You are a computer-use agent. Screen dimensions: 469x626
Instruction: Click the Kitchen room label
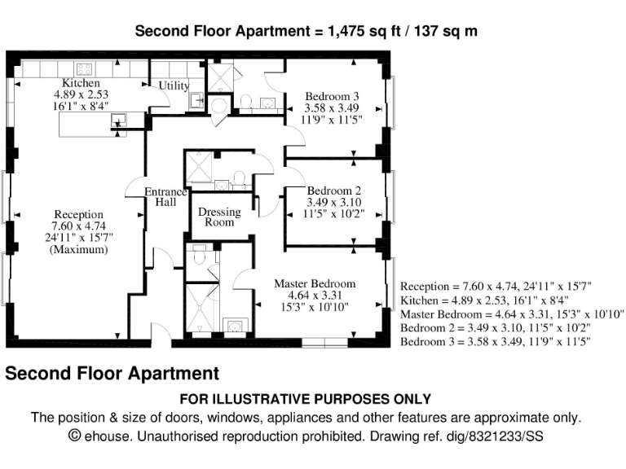81,83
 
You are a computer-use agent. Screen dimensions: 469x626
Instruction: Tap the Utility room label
174,85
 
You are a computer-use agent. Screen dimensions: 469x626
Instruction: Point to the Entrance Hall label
165,198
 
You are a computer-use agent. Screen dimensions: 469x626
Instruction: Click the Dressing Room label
220,217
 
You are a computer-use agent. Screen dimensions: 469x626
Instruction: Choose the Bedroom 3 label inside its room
332,96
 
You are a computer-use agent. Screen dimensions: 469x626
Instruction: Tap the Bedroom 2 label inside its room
334,191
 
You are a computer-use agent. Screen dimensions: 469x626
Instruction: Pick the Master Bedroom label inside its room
315,283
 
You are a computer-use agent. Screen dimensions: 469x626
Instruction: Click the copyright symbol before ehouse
75,436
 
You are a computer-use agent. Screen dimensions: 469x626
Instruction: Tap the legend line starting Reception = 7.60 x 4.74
496,287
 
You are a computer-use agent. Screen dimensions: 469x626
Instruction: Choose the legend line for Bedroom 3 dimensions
496,341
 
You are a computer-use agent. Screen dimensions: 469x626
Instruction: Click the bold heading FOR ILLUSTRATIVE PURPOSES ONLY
305,399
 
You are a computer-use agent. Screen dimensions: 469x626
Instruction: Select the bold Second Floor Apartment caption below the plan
112,374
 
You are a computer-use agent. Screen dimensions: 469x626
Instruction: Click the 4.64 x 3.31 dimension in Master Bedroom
315,295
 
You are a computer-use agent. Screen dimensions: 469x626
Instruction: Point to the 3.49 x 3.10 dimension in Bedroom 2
334,203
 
